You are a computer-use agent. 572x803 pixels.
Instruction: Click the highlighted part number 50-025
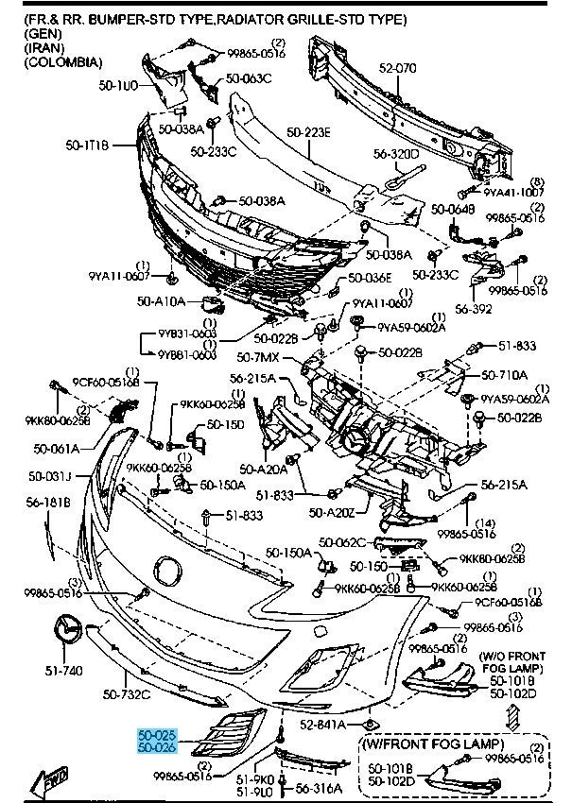pos(156,733)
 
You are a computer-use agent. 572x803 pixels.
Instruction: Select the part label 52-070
pos(398,68)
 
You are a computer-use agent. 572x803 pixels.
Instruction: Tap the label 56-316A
pos(321,786)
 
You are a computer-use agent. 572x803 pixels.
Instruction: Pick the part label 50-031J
pos(51,475)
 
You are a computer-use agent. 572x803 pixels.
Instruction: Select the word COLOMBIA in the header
pos(63,61)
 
